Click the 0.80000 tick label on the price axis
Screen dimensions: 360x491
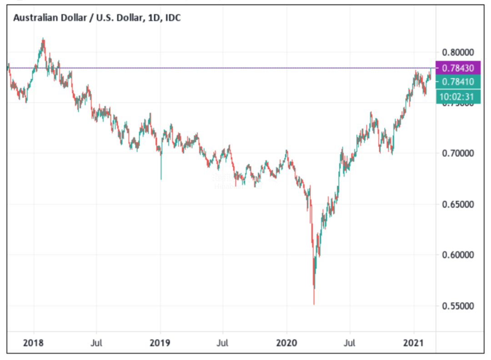click(458, 52)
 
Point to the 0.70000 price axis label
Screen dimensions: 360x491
click(458, 153)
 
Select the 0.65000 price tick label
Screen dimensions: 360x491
click(458, 204)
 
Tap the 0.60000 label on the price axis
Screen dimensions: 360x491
click(458, 255)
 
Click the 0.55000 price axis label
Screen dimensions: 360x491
click(458, 306)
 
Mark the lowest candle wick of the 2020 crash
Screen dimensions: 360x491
click(314, 304)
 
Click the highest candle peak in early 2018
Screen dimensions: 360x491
click(43, 39)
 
